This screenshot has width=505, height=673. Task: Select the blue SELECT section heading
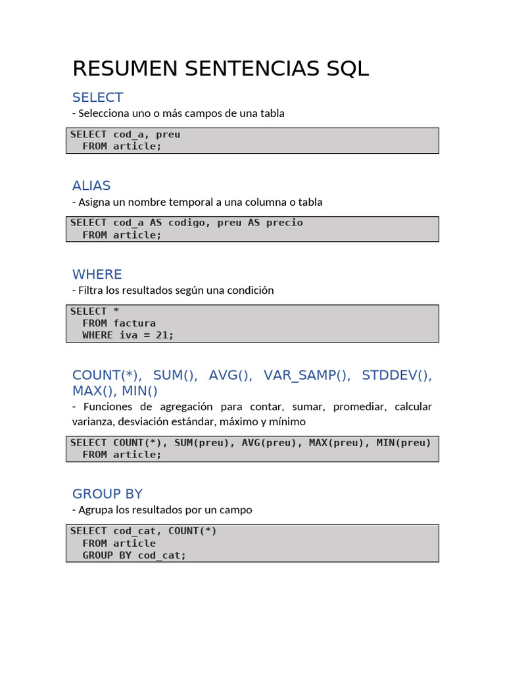(x=97, y=97)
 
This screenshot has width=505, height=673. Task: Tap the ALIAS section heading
(x=91, y=185)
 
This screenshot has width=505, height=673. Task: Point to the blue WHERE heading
(x=97, y=274)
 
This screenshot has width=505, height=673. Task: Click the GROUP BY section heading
(x=107, y=494)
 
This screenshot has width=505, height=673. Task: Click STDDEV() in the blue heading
(x=397, y=375)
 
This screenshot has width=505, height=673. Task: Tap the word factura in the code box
(x=134, y=323)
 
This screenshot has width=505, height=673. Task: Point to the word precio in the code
(x=285, y=223)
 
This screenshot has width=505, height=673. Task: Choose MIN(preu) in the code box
(x=403, y=443)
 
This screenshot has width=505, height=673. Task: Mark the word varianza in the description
(x=93, y=421)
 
